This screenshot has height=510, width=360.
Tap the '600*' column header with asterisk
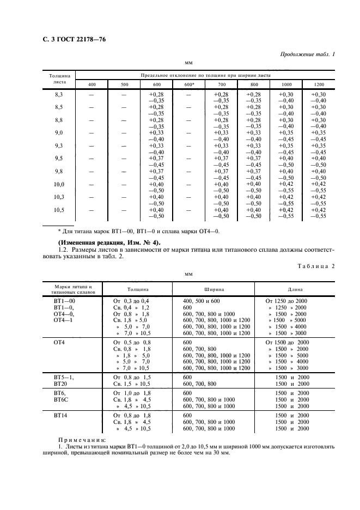coord(189,84)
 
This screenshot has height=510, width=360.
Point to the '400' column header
coord(91,84)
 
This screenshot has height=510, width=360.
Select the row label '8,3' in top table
coord(59,95)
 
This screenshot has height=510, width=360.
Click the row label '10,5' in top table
coord(59,210)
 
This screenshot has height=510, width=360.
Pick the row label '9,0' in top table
coord(59,133)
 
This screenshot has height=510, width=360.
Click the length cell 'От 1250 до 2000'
coord(286,301)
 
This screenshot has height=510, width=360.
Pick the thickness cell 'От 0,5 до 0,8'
coord(131,342)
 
